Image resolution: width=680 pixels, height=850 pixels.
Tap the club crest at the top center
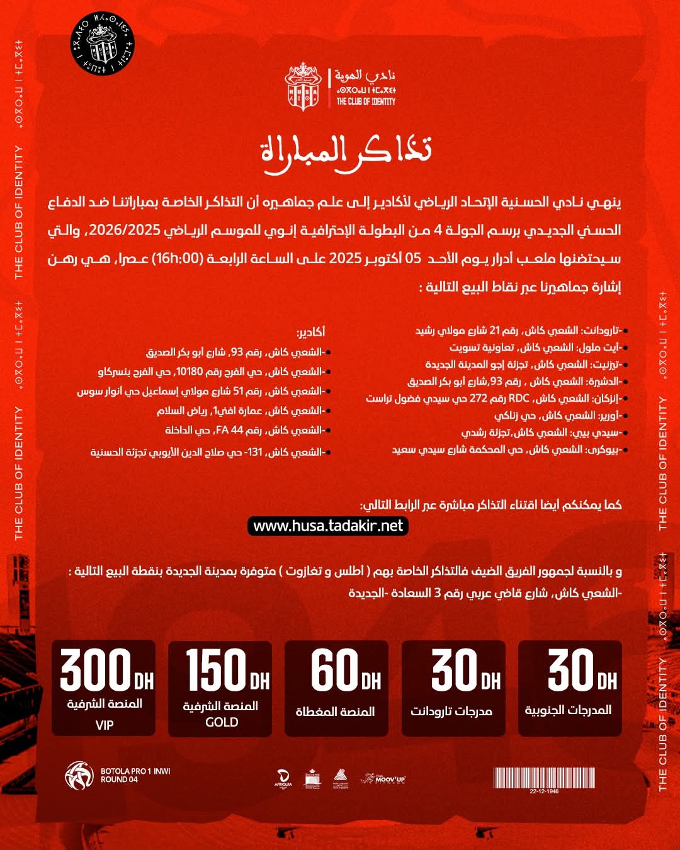[303, 87]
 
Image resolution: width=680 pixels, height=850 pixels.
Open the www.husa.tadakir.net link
[328, 526]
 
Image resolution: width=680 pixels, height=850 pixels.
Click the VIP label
[105, 725]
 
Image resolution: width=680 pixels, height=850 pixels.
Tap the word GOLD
[222, 722]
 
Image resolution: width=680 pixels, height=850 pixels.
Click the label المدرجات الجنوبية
[569, 710]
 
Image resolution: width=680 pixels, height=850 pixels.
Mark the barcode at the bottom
[544, 778]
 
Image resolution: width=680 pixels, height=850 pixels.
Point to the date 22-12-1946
[544, 791]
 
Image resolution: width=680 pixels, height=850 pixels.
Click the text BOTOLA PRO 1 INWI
[135, 771]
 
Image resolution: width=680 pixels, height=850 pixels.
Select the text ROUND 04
[119, 779]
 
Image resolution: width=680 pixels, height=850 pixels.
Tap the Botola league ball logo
[79, 775]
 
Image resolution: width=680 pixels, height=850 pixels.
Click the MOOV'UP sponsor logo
[383, 779]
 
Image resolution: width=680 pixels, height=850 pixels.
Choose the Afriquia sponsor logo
[283, 779]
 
